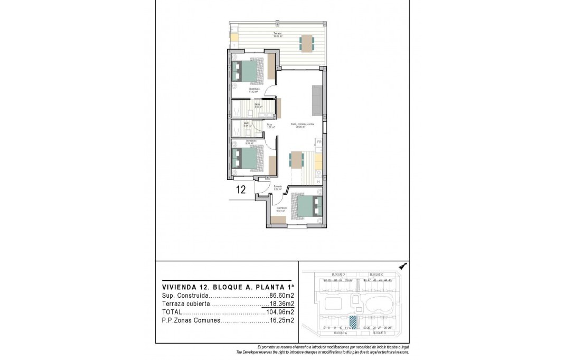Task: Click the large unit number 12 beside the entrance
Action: click(x=240, y=190)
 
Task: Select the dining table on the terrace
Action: click(x=306, y=43)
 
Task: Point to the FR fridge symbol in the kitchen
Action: click(x=318, y=142)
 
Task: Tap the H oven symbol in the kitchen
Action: click(x=318, y=182)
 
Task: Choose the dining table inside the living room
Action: click(x=296, y=159)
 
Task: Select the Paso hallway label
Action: click(x=269, y=126)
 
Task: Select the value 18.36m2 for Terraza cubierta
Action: click(x=281, y=304)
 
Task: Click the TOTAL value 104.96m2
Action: click(x=280, y=312)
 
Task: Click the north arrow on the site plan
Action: click(x=403, y=267)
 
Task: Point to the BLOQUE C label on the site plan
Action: click(x=376, y=275)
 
